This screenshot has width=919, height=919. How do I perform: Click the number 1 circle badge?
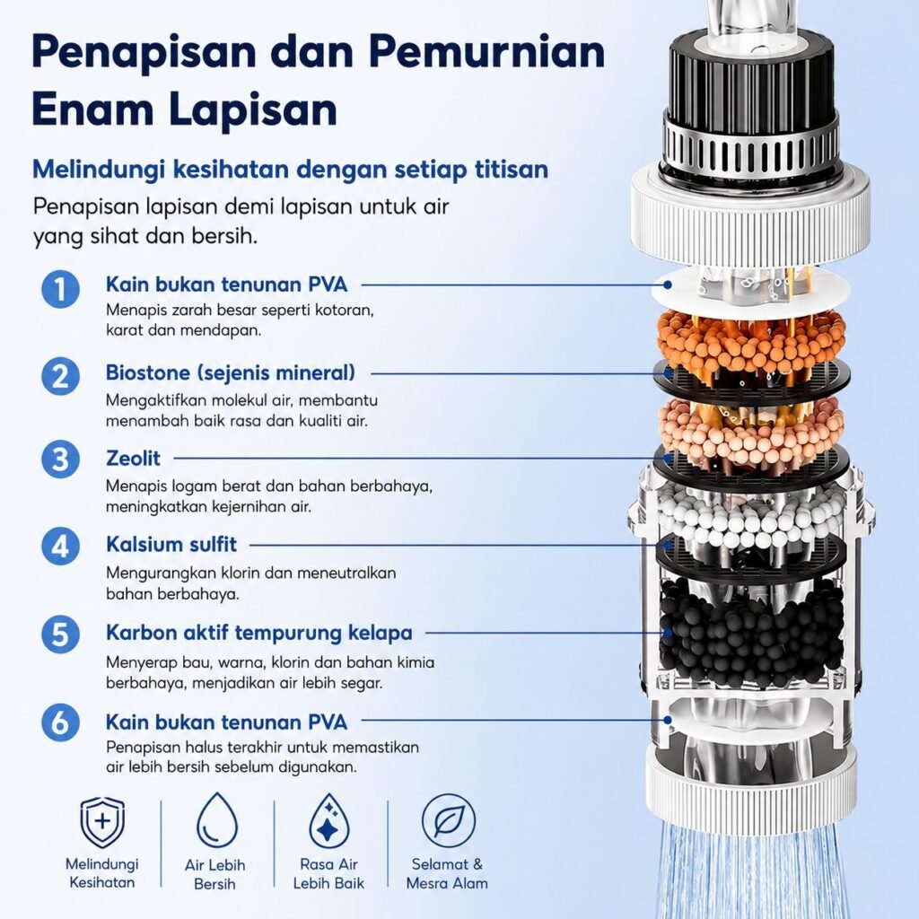tap(60, 288)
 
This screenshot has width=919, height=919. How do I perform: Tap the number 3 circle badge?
tap(60, 459)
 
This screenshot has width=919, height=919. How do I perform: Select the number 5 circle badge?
tap(60, 635)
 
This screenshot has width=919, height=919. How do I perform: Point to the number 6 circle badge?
tap(60, 722)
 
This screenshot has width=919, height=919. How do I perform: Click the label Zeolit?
tap(133, 459)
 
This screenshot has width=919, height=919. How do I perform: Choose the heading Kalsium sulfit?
tap(171, 545)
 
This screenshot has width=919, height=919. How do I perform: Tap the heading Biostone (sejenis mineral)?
tap(231, 372)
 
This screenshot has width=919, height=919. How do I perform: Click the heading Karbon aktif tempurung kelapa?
tap(259, 633)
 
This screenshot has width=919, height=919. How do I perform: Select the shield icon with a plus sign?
tap(102, 822)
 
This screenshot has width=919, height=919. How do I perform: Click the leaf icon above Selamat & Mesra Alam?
tap(449, 820)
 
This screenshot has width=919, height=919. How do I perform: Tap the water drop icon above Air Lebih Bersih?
tap(217, 820)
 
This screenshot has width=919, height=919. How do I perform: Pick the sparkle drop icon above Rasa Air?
tap(329, 820)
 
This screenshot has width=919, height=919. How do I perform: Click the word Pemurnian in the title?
tap(487, 51)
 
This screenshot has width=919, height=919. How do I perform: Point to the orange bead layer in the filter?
tap(751, 342)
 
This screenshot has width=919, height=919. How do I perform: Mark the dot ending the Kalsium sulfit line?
tap(667, 545)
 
